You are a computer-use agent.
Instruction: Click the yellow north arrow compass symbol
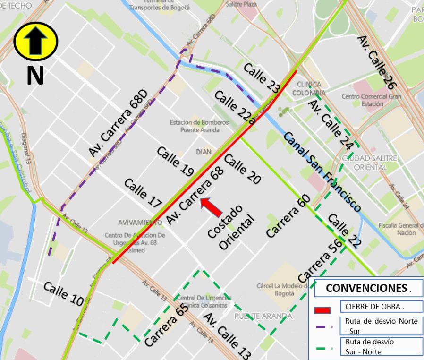[36, 42]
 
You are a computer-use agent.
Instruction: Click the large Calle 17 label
[143, 193]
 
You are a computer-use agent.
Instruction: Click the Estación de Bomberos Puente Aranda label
[199, 126]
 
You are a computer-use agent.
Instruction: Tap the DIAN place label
[204, 152]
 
